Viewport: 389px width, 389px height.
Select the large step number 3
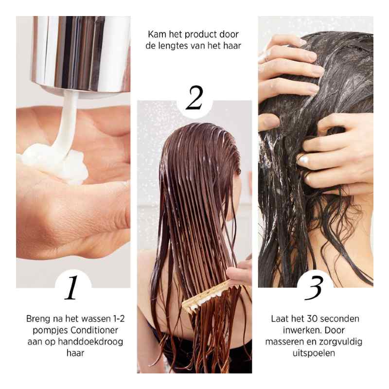click(x=316, y=288)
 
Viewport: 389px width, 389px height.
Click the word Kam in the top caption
click(x=157, y=35)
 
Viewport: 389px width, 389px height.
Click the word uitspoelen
click(x=316, y=353)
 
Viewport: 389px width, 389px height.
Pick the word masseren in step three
click(x=285, y=342)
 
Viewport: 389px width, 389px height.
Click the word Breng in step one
click(x=38, y=319)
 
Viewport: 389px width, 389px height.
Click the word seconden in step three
click(x=342, y=319)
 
